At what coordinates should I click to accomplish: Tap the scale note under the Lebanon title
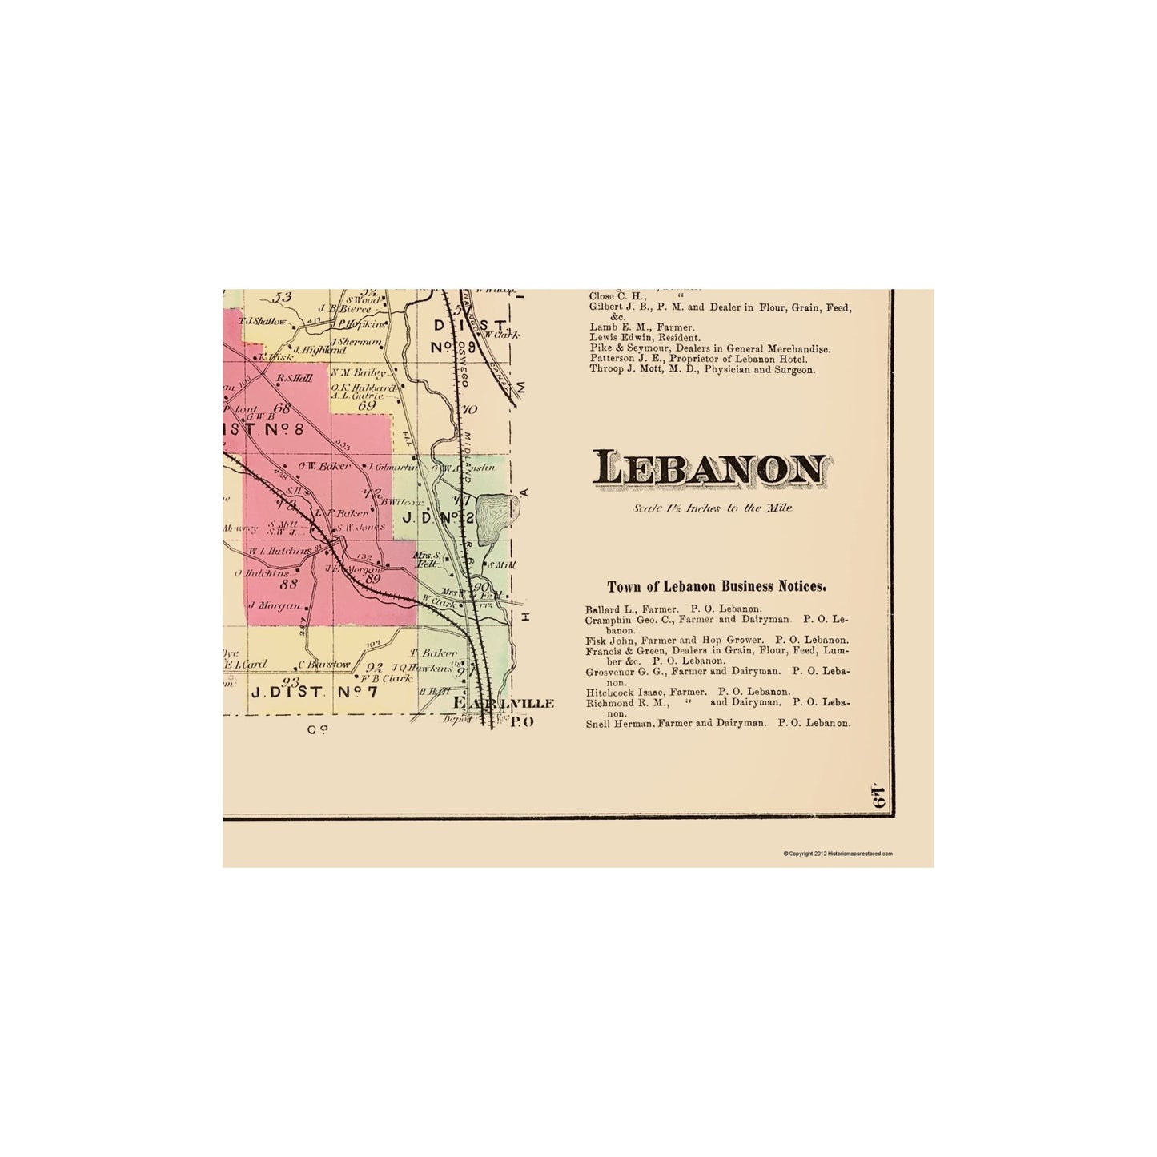pos(711,508)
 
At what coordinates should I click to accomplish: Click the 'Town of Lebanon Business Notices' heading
pos(717,586)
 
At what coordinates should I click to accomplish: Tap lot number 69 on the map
pos(368,406)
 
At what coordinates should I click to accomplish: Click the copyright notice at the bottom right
pos(838,854)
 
